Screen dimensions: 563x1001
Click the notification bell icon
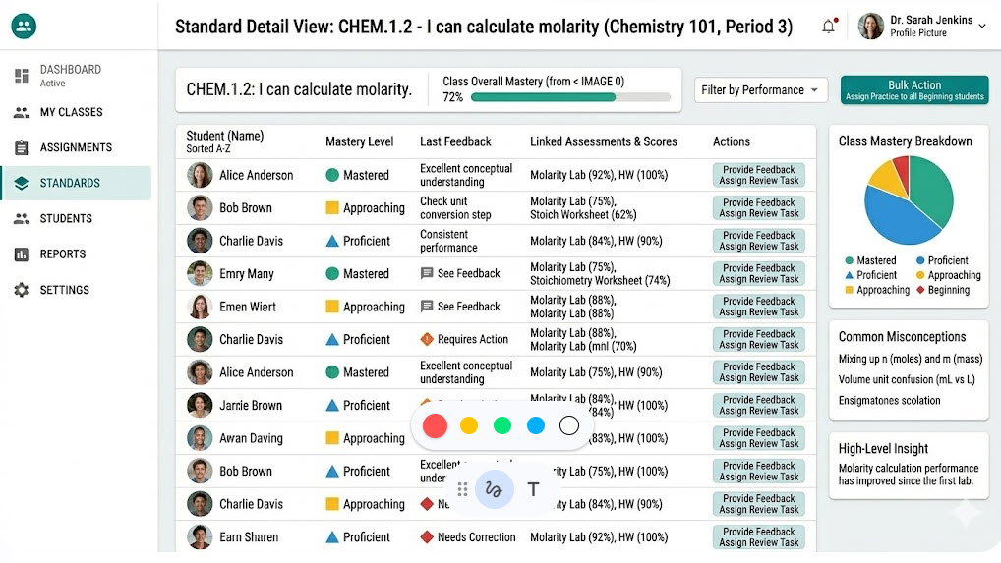pos(828,27)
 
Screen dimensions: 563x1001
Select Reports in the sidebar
pos(63,254)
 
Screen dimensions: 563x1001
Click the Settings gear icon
pos(22,290)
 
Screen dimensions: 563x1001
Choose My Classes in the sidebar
pos(71,112)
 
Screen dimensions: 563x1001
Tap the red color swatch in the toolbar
pos(436,425)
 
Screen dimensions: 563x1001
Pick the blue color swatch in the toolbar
pos(536,425)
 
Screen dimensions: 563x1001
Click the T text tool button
pos(533,488)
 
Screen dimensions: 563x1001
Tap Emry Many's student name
pos(247,274)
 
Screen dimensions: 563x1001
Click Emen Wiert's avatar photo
pos(200,307)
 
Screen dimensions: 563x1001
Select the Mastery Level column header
pos(359,141)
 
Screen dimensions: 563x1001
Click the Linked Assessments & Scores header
pos(603,141)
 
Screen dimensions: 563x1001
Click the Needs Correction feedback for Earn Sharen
pos(476,537)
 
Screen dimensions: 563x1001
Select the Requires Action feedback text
pos(472,339)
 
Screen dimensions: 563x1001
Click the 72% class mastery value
pos(452,97)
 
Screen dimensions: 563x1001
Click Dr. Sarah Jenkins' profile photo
pos(871,27)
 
